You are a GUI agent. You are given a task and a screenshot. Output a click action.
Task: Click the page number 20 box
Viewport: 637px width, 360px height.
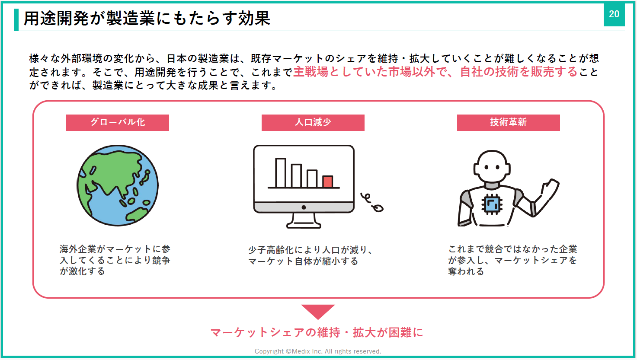click(614, 15)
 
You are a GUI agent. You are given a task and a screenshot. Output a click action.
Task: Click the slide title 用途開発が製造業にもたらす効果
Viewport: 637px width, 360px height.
click(147, 19)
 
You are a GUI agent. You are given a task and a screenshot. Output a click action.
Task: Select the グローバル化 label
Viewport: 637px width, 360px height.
click(118, 122)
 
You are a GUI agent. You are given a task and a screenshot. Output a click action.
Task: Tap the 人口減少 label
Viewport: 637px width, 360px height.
click(313, 122)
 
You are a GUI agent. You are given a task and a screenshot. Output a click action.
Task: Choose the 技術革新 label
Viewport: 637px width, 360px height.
click(508, 122)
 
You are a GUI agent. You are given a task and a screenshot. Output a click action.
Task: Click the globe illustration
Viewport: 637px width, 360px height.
click(118, 185)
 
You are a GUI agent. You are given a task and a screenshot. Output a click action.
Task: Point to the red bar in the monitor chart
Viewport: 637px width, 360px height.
click(328, 182)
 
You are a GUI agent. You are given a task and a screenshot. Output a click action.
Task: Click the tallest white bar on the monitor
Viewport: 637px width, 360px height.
click(280, 173)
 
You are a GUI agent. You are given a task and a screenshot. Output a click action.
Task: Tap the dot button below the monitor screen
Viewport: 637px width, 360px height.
click(304, 207)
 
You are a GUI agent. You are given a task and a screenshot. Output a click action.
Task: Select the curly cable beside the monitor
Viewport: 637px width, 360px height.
click(372, 202)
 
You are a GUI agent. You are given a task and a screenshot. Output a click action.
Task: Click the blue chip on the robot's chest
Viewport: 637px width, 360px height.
click(492, 204)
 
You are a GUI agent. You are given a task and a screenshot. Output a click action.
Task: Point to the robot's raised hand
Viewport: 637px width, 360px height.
click(550, 188)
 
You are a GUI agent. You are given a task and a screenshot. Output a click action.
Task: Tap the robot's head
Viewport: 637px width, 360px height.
click(492, 166)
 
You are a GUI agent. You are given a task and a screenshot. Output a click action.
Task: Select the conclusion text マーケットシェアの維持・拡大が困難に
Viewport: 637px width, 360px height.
click(317, 332)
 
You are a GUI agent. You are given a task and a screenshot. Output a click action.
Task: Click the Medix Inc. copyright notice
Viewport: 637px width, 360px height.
click(318, 351)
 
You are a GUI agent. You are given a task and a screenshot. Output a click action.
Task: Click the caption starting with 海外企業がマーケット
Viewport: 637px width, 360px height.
click(115, 260)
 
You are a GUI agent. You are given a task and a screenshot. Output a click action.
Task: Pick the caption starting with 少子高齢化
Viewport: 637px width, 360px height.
click(310, 255)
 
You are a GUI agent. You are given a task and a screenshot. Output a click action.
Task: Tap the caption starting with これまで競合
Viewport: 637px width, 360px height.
click(512, 260)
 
